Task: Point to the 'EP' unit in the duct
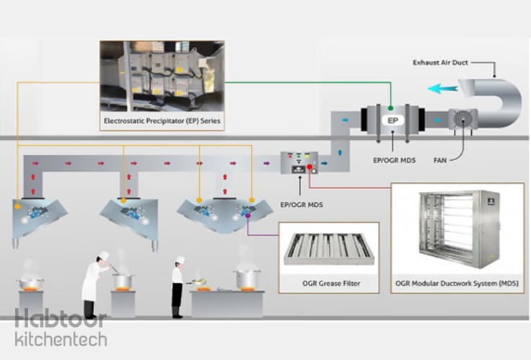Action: click(390, 119)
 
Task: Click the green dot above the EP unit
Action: click(390, 107)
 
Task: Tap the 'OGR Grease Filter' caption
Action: click(330, 284)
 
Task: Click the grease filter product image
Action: click(330, 247)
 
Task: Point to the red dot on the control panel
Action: click(310, 168)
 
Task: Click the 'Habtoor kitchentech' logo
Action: click(61, 329)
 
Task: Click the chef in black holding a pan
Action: click(177, 289)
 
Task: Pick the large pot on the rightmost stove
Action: click(247, 278)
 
